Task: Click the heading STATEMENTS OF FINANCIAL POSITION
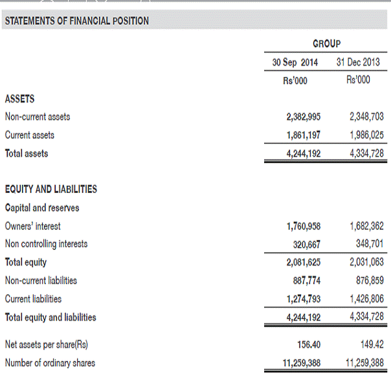tap(77, 21)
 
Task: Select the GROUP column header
tap(326, 44)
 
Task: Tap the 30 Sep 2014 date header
tap(295, 63)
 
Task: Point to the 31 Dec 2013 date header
tap(358, 63)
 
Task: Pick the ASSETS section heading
tap(19, 99)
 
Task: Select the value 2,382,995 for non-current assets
tap(303, 117)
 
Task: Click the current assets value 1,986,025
tap(366, 135)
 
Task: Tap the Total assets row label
tap(27, 154)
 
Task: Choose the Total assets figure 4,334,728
tap(366, 154)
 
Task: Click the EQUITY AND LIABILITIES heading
tap(51, 190)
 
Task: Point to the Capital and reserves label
tap(42, 208)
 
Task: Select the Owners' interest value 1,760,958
tap(303, 227)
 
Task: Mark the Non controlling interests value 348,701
tap(369, 245)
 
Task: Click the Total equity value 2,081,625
tap(303, 263)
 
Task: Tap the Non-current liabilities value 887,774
tap(306, 281)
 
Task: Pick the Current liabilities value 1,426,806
tap(366, 299)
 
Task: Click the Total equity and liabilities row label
tap(50, 318)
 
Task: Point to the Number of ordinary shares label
tap(50, 363)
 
